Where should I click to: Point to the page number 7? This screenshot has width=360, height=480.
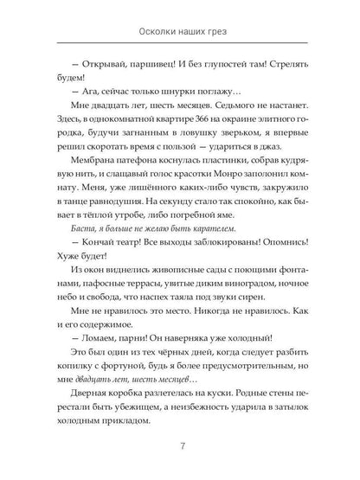point(180,445)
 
